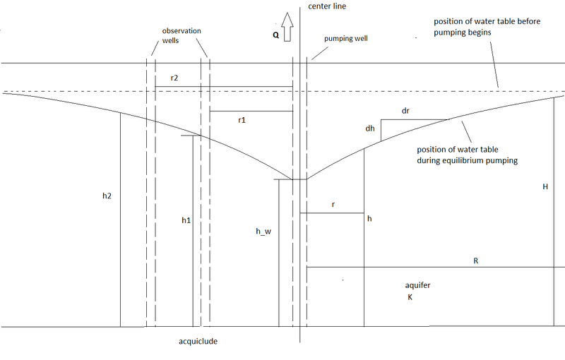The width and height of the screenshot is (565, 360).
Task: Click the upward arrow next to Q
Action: [287, 27]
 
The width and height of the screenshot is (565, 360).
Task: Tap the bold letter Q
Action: [275, 35]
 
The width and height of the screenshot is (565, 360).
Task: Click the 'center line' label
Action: [327, 6]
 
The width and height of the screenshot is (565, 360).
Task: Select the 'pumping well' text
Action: [346, 39]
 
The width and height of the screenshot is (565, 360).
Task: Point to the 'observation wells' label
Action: [182, 35]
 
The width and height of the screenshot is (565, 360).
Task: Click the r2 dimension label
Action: [174, 78]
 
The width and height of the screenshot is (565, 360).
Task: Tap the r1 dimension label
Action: [242, 120]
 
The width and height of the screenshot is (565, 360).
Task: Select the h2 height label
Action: [107, 196]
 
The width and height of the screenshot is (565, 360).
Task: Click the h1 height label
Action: [186, 220]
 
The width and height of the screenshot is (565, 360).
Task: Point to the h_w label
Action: [263, 232]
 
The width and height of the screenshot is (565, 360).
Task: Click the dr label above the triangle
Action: [405, 111]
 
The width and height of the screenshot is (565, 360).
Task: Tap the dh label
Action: [370, 128]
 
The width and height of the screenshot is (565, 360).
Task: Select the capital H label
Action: [545, 186]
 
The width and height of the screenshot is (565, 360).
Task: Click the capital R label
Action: [475, 260]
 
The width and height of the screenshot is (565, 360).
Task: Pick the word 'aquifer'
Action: [417, 285]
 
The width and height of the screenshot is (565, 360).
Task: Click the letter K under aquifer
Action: [410, 297]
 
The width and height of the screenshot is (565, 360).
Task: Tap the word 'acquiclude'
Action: [198, 341]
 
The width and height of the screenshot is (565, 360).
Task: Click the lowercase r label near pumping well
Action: [333, 205]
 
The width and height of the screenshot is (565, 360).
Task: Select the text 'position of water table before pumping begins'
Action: [487, 27]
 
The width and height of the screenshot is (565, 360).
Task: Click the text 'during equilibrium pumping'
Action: [468, 160]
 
